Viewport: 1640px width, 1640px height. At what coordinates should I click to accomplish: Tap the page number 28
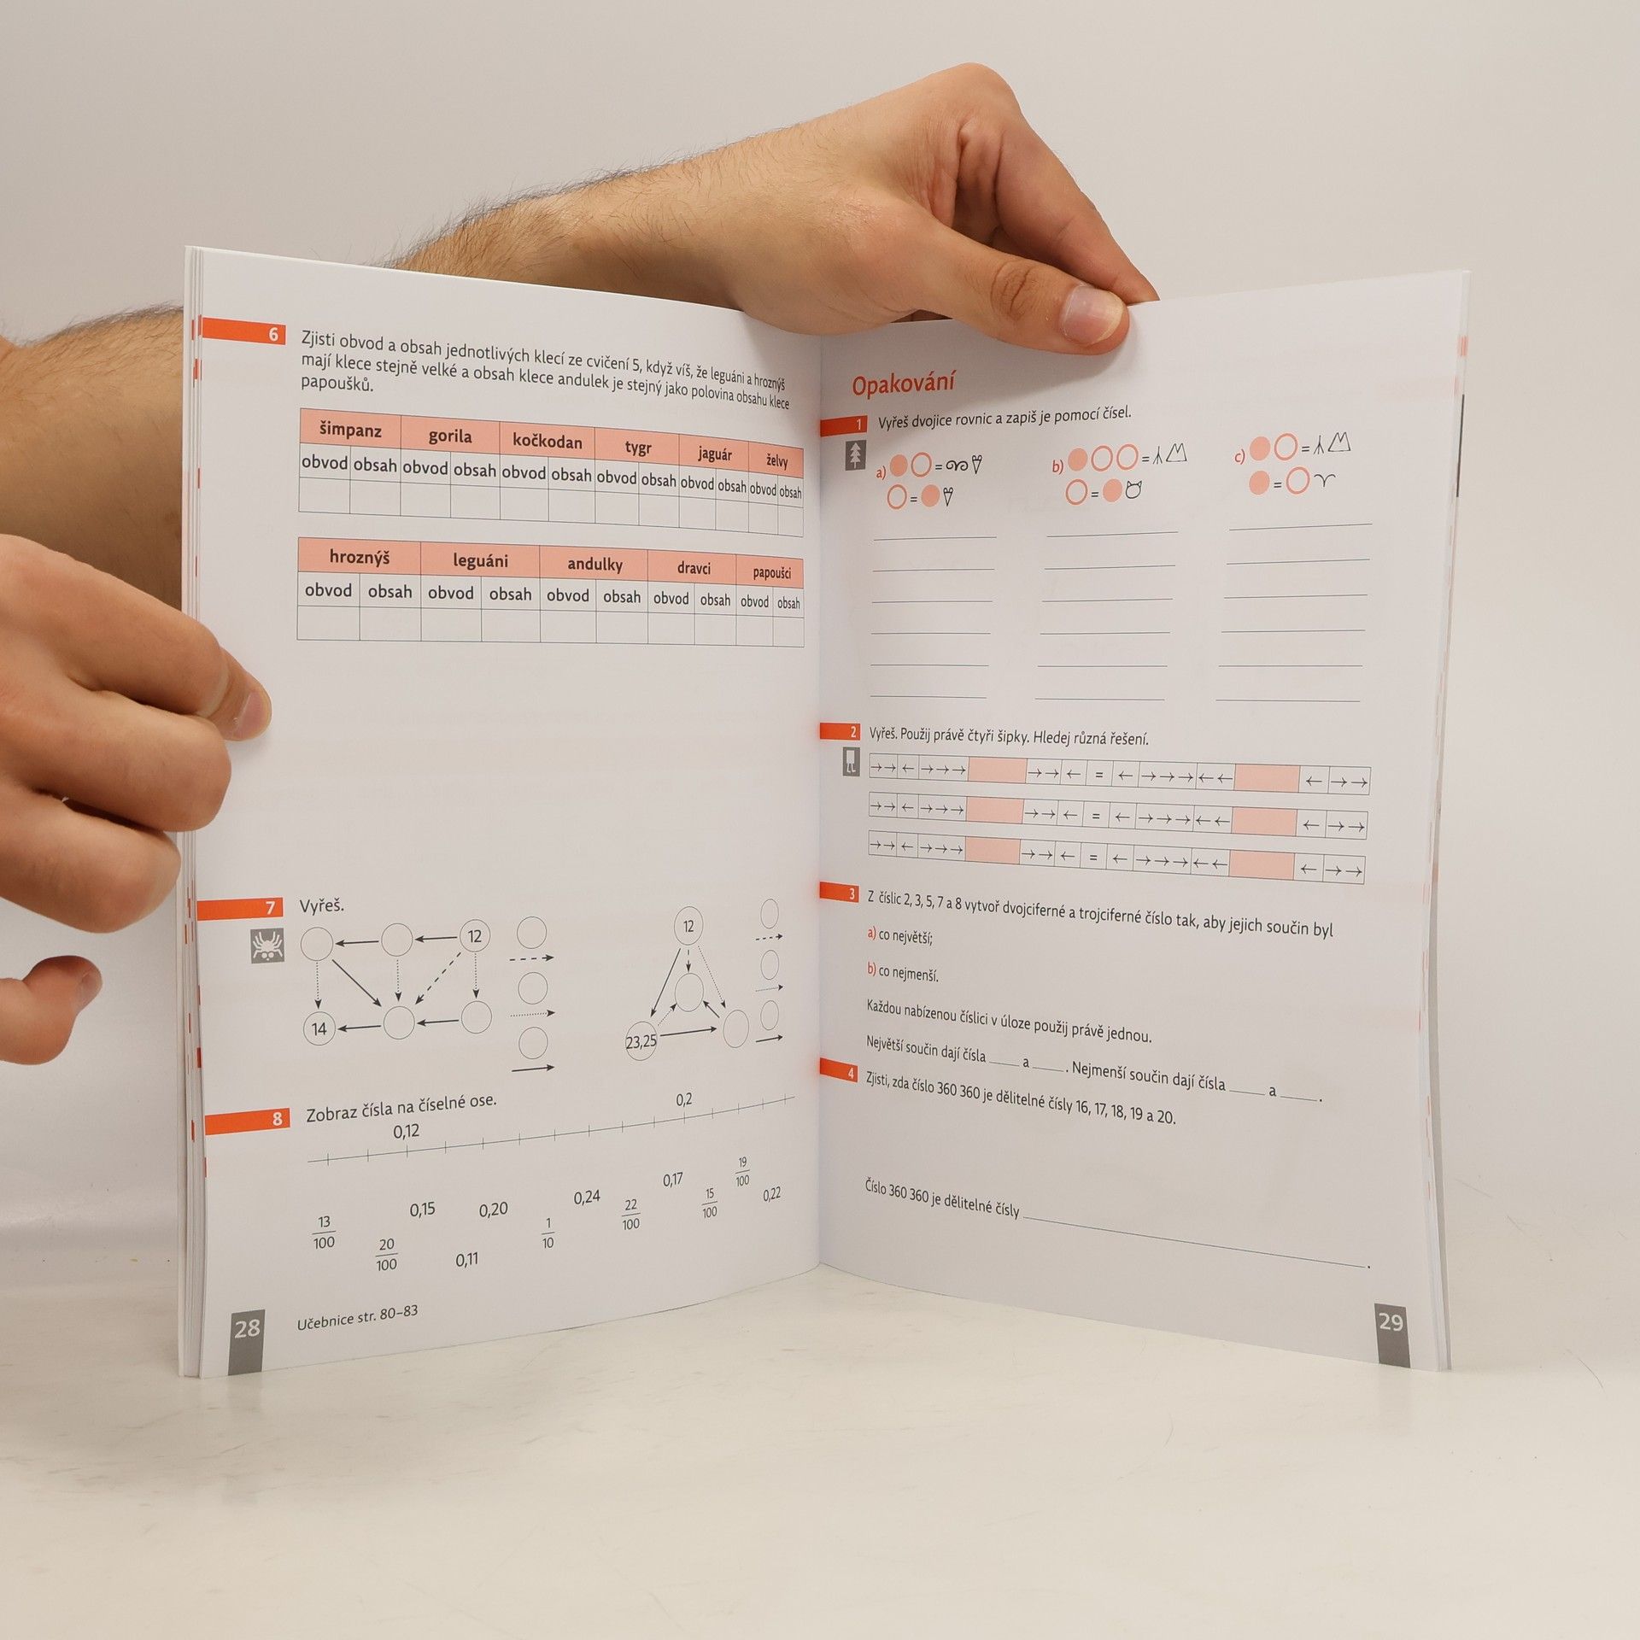tap(247, 1327)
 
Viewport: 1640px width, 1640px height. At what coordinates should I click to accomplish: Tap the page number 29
tap(1391, 1321)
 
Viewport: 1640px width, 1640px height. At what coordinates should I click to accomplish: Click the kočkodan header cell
tap(547, 441)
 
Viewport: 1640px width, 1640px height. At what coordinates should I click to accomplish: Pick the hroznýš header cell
tap(360, 558)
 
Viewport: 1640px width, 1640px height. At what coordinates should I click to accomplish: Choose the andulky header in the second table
tap(594, 565)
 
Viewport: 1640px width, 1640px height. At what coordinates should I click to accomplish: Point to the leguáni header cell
tap(480, 561)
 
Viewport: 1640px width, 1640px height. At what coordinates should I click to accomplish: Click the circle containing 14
tap(319, 1028)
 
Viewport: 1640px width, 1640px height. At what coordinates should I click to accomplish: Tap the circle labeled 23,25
tap(641, 1042)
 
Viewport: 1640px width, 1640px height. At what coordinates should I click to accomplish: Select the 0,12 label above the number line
tap(407, 1131)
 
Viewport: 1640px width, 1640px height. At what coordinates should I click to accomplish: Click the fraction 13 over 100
tap(324, 1233)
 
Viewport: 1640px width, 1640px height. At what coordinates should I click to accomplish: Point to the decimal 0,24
tap(587, 1198)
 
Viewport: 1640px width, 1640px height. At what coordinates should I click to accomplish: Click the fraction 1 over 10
tap(548, 1233)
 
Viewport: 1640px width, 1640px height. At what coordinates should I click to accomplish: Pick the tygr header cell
tap(637, 448)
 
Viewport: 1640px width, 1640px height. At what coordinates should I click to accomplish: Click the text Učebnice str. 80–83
tap(358, 1317)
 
